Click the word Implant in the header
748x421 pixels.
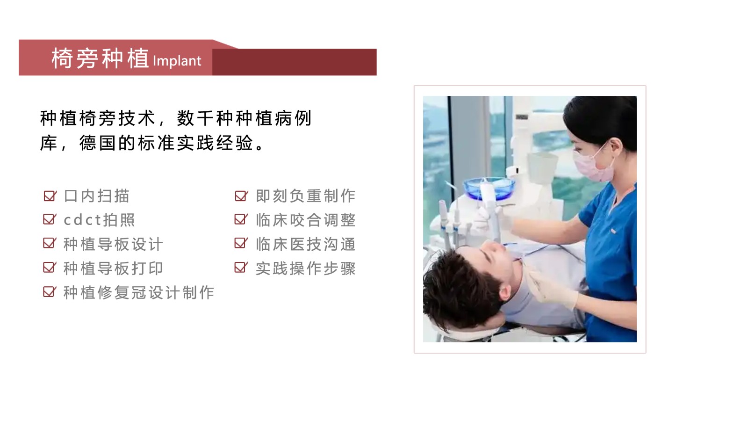click(x=177, y=61)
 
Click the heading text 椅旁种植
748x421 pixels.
click(x=100, y=58)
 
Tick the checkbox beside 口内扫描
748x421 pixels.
click(x=50, y=196)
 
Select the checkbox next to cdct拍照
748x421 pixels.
click(x=50, y=219)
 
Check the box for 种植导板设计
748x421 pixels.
click(x=50, y=243)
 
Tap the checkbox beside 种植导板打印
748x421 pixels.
click(x=50, y=267)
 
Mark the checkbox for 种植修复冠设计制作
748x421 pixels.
click(x=50, y=292)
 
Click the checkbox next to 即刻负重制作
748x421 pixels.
click(x=241, y=196)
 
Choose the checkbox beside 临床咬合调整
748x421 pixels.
click(x=241, y=219)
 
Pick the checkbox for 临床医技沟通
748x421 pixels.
click(x=241, y=243)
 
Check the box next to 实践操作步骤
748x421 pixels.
click(x=241, y=267)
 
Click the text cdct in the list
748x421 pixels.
click(x=82, y=220)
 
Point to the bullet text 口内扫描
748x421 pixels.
click(x=96, y=196)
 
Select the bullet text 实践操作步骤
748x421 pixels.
click(x=306, y=269)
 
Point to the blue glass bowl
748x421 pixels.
click(x=489, y=188)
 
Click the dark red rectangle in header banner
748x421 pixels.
click(x=295, y=62)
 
